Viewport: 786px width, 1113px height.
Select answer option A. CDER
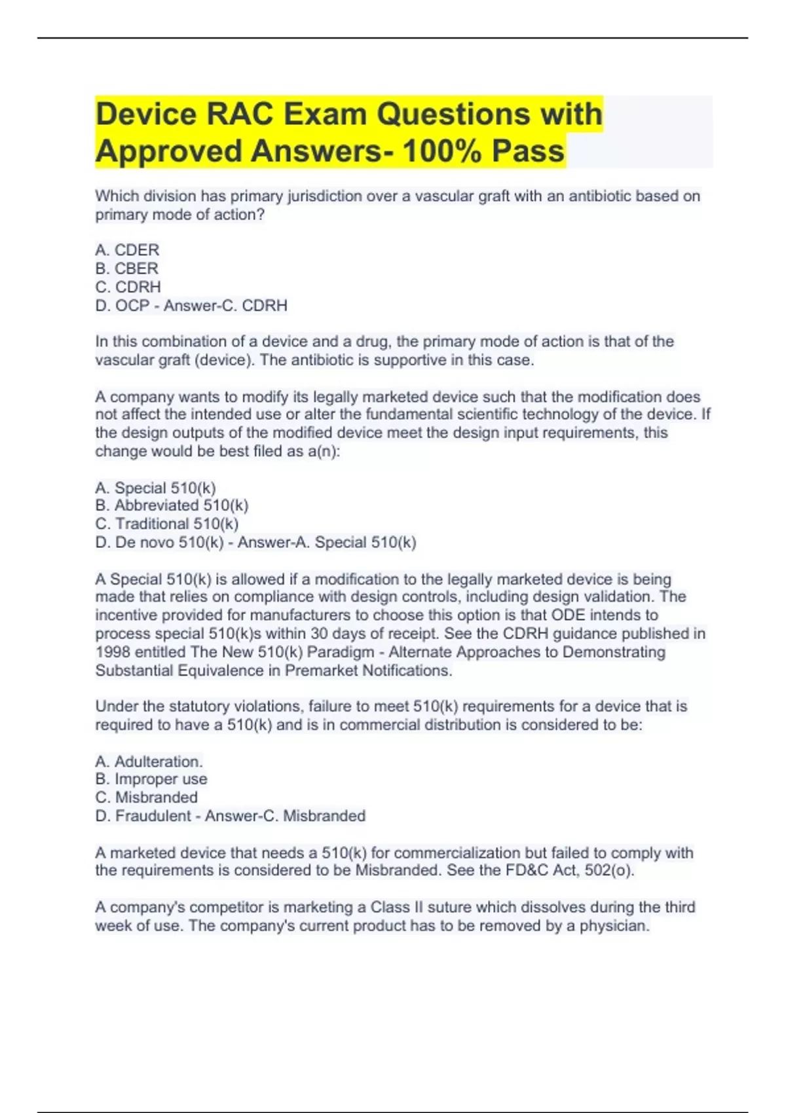[x=127, y=250]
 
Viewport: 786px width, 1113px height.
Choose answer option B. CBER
[x=126, y=268]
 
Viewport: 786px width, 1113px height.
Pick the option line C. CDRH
[x=128, y=287]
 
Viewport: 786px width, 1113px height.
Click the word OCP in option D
[x=132, y=306]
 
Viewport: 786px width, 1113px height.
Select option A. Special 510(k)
[x=155, y=488]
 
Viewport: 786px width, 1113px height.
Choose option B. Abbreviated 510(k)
[x=172, y=505]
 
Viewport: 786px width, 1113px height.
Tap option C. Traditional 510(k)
[x=166, y=524]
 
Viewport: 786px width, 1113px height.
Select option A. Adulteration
[x=149, y=761]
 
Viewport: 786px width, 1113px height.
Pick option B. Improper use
[x=151, y=779]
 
